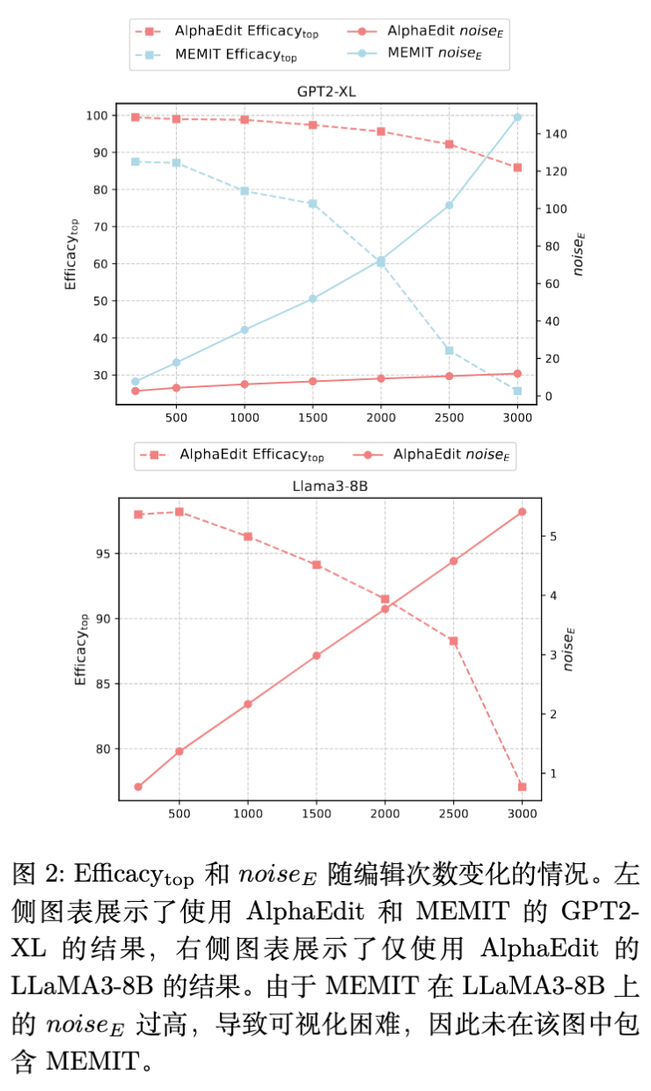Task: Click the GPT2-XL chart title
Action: pyautogui.click(x=325, y=92)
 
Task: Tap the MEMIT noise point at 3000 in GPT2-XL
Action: pyautogui.click(x=517, y=117)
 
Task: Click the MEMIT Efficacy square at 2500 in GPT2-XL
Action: pyautogui.click(x=449, y=350)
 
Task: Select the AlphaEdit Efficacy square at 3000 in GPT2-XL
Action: pyautogui.click(x=517, y=167)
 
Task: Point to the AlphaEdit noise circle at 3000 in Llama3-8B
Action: pyautogui.click(x=522, y=511)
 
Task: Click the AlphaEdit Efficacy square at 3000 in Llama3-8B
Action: pyautogui.click(x=522, y=787)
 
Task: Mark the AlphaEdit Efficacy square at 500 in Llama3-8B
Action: pyautogui.click(x=179, y=511)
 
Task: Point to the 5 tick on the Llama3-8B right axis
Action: pyautogui.click(x=552, y=536)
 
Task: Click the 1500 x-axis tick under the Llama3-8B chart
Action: pyautogui.click(x=317, y=816)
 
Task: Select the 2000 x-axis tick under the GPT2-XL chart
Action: pyautogui.click(x=381, y=417)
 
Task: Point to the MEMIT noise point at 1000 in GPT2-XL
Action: pyautogui.click(x=245, y=330)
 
